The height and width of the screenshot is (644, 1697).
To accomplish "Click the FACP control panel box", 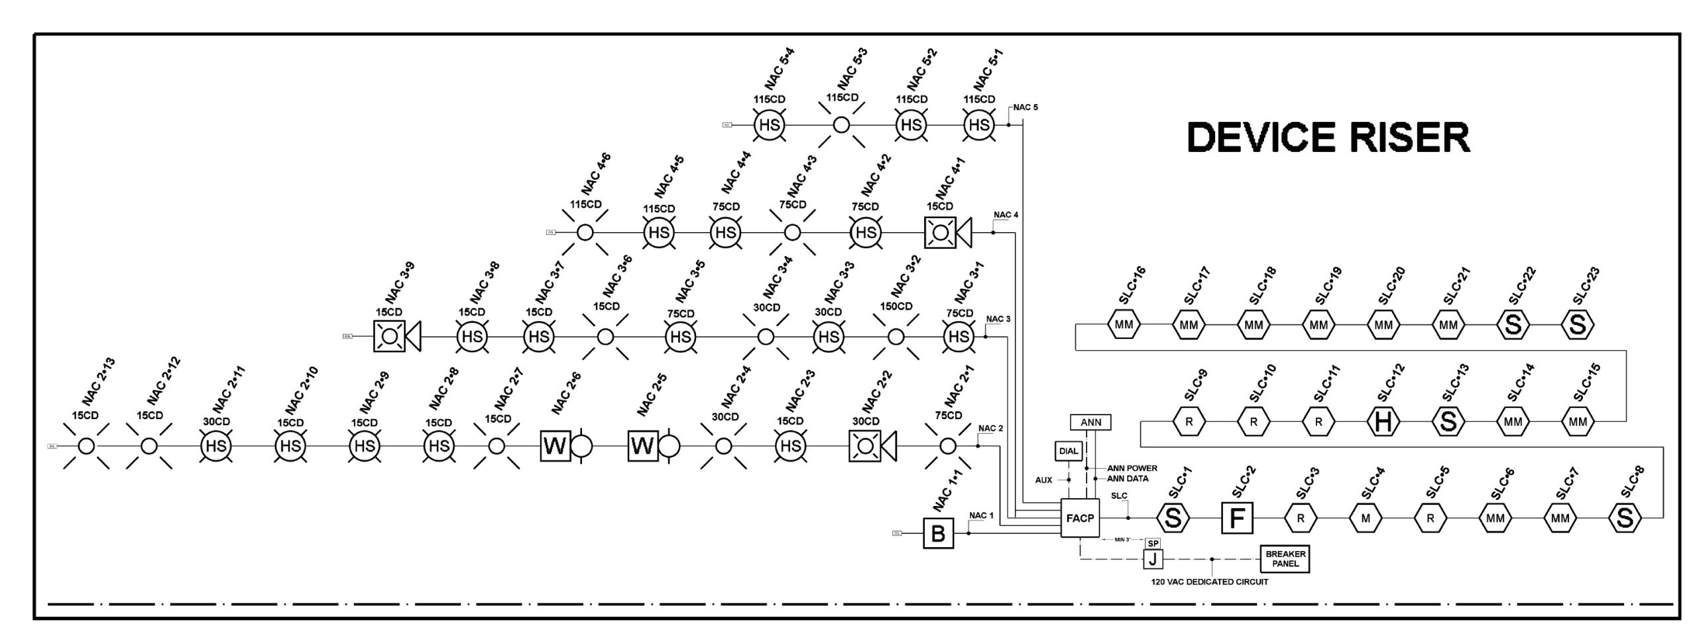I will (x=1079, y=518).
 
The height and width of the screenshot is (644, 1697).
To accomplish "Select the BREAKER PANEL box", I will (x=1285, y=558).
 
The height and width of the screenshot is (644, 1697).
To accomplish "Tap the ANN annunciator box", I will (x=1090, y=422).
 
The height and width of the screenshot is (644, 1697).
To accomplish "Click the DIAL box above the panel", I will (x=1068, y=451).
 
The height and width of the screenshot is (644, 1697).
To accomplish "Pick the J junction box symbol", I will (x=1153, y=559).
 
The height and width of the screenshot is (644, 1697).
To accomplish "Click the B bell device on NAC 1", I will (x=938, y=533).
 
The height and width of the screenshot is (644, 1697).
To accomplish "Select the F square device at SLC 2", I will (x=1237, y=518).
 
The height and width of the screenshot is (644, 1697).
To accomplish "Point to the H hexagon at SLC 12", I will (x=1383, y=422).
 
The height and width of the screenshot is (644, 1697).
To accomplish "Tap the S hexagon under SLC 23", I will (x=1578, y=325).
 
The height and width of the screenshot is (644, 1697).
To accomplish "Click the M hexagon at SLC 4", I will (x=1366, y=518).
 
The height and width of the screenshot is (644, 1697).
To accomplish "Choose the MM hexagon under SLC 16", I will (x=1124, y=325).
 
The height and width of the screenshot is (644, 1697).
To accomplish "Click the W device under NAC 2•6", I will (x=556, y=446).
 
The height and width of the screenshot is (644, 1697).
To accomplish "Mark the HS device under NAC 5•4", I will (x=769, y=125).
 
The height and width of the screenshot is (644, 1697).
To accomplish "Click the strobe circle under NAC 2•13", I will (x=86, y=446).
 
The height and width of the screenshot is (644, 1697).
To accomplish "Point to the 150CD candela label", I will (x=896, y=306).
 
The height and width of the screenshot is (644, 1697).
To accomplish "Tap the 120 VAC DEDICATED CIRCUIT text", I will (x=1209, y=582).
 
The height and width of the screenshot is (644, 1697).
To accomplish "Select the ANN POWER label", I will (x=1132, y=468).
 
